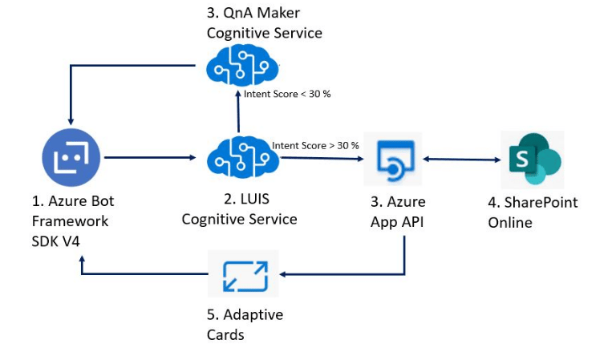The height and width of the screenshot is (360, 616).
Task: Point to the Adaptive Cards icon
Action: (x=243, y=274)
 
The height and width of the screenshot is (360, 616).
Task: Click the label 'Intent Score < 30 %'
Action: (x=287, y=94)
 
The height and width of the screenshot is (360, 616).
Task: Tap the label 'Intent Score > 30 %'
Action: (x=315, y=146)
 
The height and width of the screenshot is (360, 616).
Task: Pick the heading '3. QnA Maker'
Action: (x=253, y=14)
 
